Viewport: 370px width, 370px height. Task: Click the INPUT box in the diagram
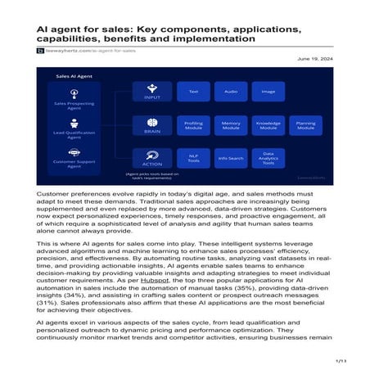[151, 92]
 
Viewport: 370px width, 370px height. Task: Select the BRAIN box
[151, 125]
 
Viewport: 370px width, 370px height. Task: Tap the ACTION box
[151, 157]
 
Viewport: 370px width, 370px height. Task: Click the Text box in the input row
[194, 92]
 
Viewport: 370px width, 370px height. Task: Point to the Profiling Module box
[194, 125]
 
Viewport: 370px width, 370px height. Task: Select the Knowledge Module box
[268, 125]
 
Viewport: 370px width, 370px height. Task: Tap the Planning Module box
[306, 125]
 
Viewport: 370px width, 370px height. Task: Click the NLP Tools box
[194, 158]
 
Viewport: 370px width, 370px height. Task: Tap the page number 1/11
[343, 360]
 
